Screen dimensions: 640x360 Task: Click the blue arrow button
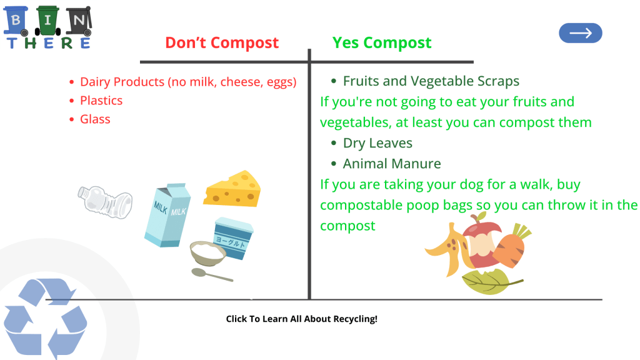(x=581, y=33)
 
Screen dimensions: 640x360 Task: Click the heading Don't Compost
(x=222, y=42)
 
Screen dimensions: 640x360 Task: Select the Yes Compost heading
(x=382, y=42)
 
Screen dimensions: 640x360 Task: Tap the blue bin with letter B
(x=16, y=21)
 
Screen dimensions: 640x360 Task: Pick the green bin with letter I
(x=47, y=21)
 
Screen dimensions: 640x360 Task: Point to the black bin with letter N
(x=79, y=21)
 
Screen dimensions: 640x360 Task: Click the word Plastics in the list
(x=101, y=101)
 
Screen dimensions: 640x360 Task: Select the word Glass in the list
(x=95, y=119)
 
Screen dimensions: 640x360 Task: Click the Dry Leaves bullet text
(x=377, y=143)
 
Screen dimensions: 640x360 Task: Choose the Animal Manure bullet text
(x=392, y=164)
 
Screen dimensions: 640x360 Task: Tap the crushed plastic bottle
(x=105, y=202)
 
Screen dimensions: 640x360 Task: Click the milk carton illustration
(x=167, y=215)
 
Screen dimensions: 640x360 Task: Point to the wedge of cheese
(x=232, y=189)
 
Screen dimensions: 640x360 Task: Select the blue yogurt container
(x=233, y=238)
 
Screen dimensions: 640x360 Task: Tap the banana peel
(x=447, y=250)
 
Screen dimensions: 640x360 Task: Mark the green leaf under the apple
(x=490, y=281)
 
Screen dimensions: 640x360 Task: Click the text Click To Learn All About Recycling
(x=302, y=319)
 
